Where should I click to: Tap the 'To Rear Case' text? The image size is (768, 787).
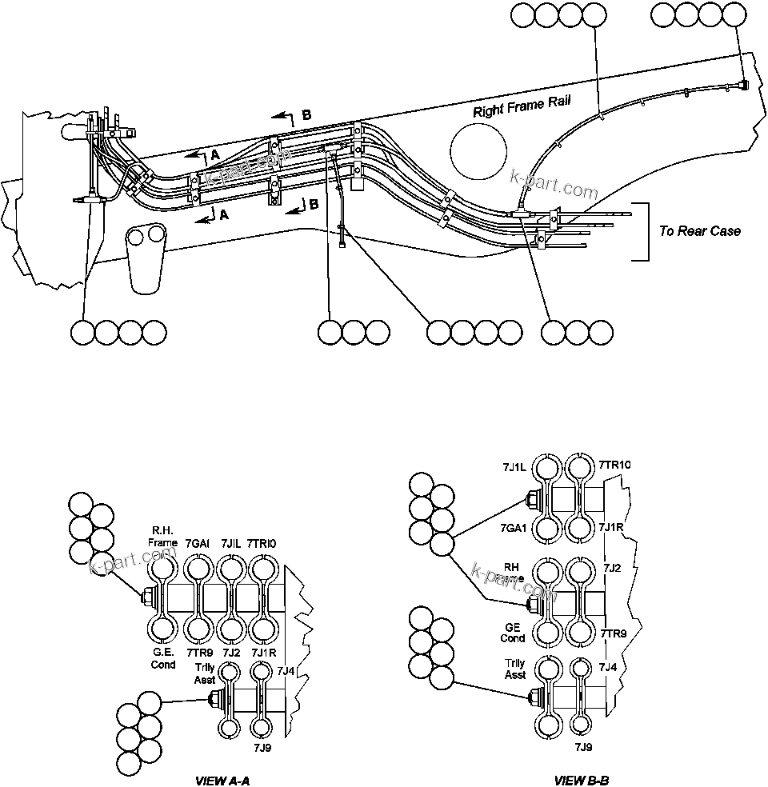click(x=700, y=231)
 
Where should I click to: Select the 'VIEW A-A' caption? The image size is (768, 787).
click(x=228, y=779)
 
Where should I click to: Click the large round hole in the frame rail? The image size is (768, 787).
click(x=478, y=153)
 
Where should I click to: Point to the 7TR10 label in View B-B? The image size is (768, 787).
click(x=614, y=465)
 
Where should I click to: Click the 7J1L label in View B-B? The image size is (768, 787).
click(x=515, y=465)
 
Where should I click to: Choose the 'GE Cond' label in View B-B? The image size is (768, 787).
click(x=513, y=633)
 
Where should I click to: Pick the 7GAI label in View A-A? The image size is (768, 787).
click(x=197, y=543)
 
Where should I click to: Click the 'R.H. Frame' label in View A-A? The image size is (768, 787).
click(x=162, y=537)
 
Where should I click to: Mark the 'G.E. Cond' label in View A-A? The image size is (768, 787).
click(x=163, y=659)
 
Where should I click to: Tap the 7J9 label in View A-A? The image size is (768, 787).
click(x=262, y=747)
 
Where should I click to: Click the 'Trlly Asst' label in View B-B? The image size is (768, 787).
click(x=515, y=669)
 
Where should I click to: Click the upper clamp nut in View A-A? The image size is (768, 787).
click(x=147, y=597)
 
